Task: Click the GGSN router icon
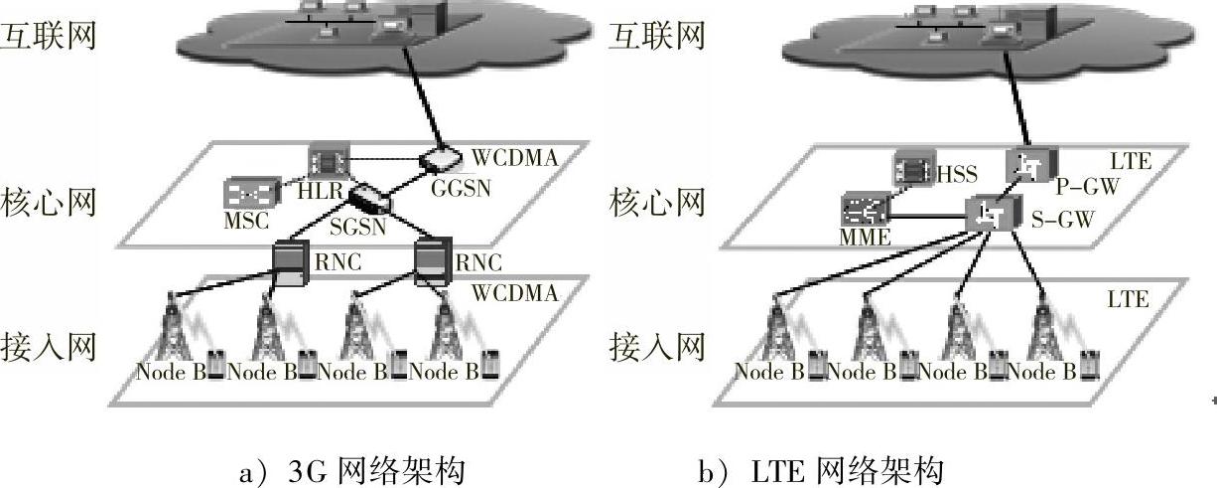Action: click(438, 159)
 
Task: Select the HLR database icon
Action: click(324, 159)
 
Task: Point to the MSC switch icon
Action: click(244, 193)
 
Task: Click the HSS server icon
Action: click(913, 168)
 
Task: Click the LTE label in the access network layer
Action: click(1128, 299)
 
